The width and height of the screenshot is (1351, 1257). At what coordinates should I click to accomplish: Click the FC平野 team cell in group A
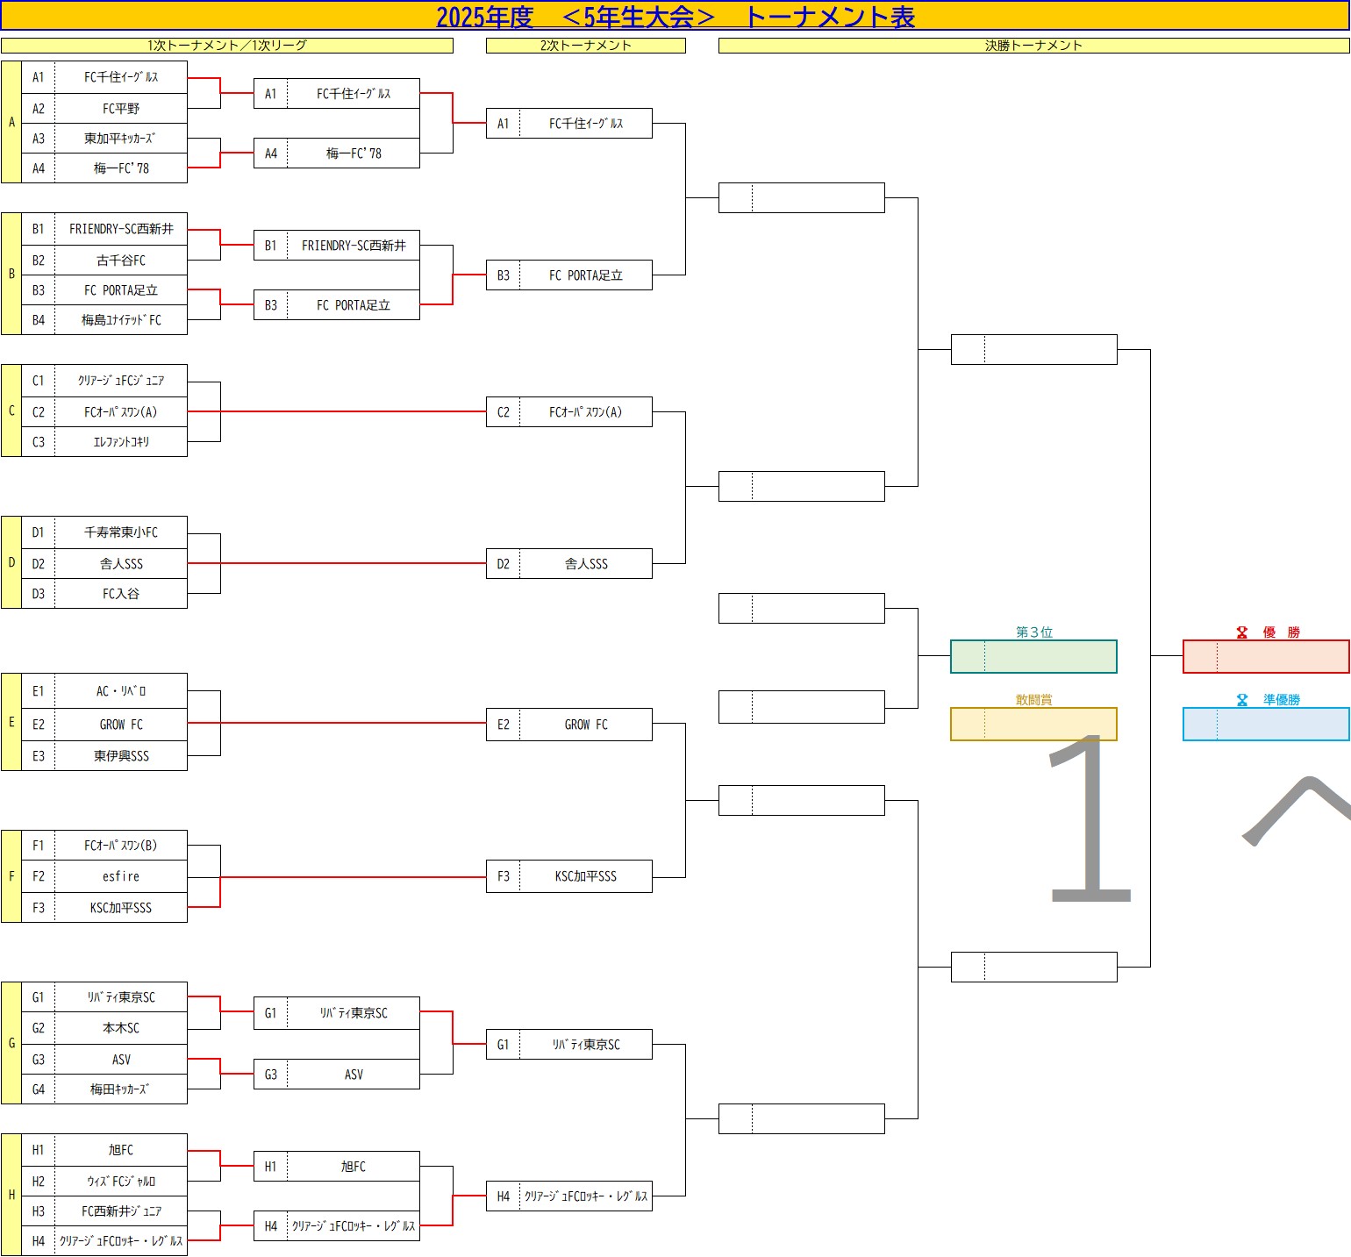121,109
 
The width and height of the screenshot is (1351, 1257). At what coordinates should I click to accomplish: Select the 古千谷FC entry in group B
121,261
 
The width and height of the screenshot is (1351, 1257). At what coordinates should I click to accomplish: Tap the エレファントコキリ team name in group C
121,442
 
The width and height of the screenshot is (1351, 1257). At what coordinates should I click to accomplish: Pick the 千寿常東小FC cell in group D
121,532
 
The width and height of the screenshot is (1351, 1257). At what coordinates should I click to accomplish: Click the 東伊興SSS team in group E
121,755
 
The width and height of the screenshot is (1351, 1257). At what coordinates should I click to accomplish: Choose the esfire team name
121,876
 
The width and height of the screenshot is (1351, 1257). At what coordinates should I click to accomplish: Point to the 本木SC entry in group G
121,1028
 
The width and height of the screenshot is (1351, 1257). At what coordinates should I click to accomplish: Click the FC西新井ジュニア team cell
121,1211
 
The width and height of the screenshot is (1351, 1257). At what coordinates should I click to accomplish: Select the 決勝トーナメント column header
1033,46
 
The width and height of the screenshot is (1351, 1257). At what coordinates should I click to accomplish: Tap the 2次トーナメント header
585,46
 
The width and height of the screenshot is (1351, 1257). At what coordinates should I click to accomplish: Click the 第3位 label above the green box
1033,632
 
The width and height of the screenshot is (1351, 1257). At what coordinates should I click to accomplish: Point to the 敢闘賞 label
1033,700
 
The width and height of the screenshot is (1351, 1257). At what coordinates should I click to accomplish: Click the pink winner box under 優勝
1266,656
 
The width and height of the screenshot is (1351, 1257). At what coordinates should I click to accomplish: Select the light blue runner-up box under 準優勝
1266,724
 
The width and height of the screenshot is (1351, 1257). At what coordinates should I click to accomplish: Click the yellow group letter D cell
11,562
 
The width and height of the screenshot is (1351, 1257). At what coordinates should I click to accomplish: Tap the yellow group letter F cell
11,876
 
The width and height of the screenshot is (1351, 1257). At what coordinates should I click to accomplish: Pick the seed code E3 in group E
38,755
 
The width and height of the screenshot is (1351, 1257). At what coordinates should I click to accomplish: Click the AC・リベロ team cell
121,691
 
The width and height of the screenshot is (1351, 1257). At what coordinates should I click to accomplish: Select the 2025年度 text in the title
484,17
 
